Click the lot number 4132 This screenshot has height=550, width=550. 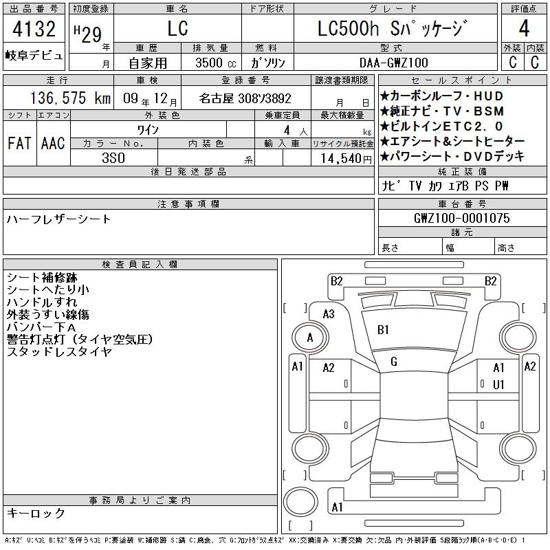coord(34,29)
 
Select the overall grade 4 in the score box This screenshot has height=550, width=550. coord(524,28)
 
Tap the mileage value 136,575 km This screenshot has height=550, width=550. coord(70,98)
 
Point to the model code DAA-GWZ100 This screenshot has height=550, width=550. coord(393,63)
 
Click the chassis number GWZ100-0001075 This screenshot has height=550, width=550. coord(461,218)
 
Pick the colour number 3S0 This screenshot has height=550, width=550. coord(113,158)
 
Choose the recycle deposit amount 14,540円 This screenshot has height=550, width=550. coord(346,159)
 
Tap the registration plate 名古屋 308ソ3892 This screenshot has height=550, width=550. coord(245,98)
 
